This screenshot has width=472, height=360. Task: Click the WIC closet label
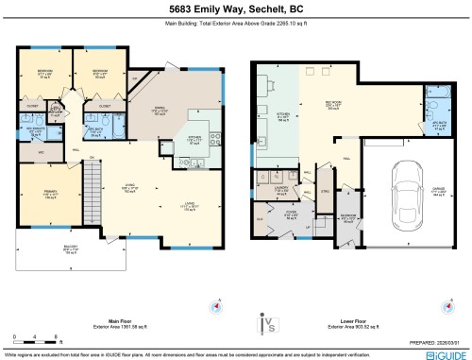[x=41, y=151]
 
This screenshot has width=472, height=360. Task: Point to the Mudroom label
[x=347, y=222]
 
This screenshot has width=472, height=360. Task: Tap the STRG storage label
[x=326, y=192]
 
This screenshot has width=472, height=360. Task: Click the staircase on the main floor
[x=93, y=179]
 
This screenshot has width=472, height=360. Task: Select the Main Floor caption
[x=119, y=320]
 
